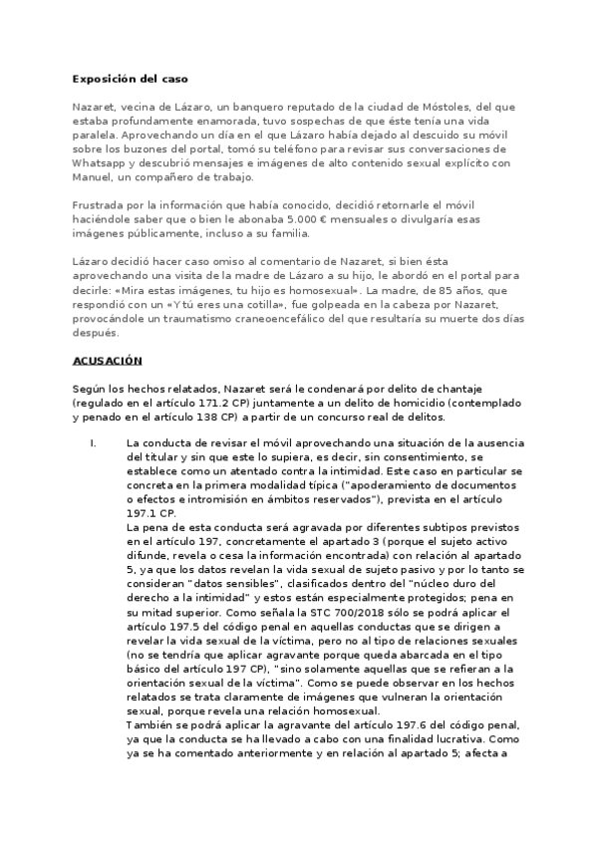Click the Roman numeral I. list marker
pyautogui.click(x=93, y=441)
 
